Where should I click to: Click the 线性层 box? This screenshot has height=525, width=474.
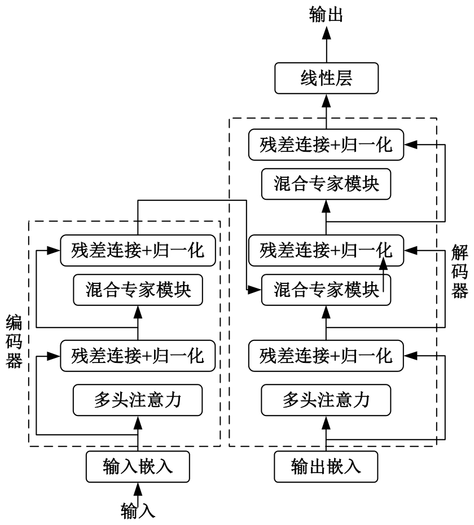[x=326, y=78]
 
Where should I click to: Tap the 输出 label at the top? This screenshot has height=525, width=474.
[x=326, y=15]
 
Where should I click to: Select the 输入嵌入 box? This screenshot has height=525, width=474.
[x=138, y=467]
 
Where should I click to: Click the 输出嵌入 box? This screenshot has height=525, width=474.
[x=326, y=467]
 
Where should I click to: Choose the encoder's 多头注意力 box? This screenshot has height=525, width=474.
[x=138, y=400]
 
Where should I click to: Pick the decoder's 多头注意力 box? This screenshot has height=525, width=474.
[x=326, y=400]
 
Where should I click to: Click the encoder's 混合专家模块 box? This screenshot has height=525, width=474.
[x=138, y=290]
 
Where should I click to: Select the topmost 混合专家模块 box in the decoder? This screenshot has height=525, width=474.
[x=326, y=184]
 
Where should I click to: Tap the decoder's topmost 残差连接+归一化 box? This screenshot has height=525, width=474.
[x=326, y=145]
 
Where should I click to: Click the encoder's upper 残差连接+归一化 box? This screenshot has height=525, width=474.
[x=138, y=251]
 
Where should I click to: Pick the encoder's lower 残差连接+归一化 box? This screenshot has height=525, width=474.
[x=138, y=356]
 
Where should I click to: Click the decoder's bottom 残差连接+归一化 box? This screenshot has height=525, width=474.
[x=326, y=356]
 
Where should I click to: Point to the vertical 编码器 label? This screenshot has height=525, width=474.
[x=14, y=342]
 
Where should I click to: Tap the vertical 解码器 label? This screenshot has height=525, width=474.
[x=459, y=272]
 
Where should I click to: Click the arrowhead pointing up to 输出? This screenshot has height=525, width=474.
[x=326, y=33]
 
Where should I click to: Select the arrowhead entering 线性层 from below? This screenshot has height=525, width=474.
[x=326, y=101]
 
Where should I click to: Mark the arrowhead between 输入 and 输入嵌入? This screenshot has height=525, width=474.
[x=138, y=489]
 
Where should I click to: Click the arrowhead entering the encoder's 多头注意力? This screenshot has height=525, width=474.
[x=138, y=423]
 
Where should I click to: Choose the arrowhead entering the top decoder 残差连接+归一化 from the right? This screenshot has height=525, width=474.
[x=410, y=145]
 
